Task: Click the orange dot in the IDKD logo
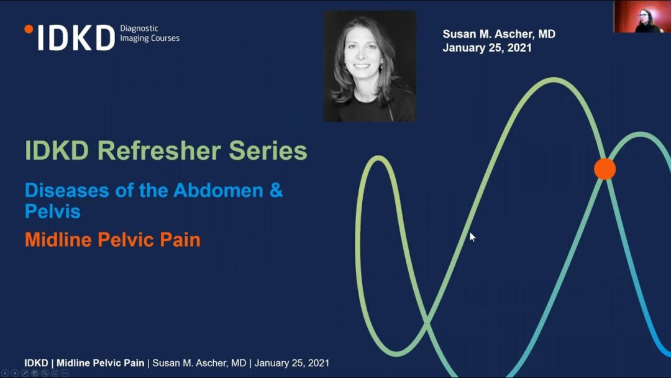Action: (x=29, y=29)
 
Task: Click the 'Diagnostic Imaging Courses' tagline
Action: (x=150, y=34)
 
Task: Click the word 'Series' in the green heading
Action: (x=268, y=150)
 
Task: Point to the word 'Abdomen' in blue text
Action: (x=218, y=190)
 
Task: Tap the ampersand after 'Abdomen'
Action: (x=276, y=190)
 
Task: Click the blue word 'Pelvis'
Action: (x=53, y=211)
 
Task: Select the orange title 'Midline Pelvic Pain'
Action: (x=112, y=240)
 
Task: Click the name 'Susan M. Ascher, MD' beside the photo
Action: (x=499, y=34)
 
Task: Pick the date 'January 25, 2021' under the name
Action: (x=487, y=47)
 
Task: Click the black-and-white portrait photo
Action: (x=370, y=67)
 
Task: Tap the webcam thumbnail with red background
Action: (x=642, y=17)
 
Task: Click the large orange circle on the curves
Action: (x=605, y=169)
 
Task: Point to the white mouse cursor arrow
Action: (x=472, y=237)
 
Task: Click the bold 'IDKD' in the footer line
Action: (x=37, y=363)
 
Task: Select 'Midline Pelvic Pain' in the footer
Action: (x=100, y=363)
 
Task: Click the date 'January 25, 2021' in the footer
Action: (x=292, y=363)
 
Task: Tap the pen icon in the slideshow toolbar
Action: (x=25, y=373)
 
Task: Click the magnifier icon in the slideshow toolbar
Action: (x=45, y=373)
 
